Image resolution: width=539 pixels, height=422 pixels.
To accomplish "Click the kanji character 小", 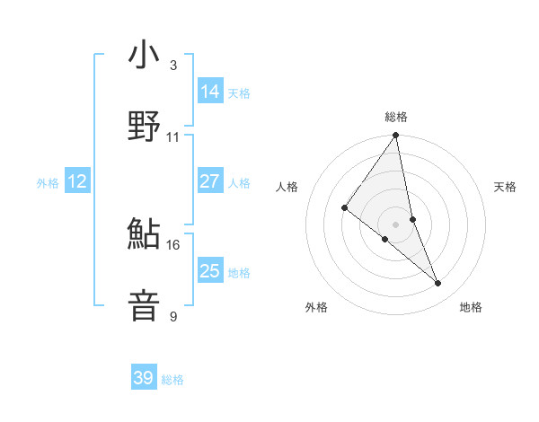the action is coord(144,56).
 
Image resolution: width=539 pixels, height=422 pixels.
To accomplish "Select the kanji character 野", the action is coord(144,127).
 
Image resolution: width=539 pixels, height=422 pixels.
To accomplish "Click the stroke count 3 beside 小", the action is coord(173,66).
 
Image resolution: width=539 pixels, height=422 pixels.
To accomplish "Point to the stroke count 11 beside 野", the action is coord(173,137).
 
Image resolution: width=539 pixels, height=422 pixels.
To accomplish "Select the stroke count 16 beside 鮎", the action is coord(173,244).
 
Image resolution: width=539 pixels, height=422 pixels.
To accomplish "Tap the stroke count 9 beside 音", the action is coord(173,316).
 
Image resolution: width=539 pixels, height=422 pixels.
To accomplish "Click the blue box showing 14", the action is coord(210,92).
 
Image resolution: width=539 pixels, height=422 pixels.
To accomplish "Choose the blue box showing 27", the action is coord(210,181).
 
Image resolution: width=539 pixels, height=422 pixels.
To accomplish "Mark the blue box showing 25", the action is coord(210,271).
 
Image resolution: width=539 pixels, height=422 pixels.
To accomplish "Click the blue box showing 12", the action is coord(77,181).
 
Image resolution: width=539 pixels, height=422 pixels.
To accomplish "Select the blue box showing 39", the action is coord(144,379).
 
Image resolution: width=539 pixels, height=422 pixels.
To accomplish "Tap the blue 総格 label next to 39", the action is coord(172,380).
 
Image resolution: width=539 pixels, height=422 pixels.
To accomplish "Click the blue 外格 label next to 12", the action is coord(48,182).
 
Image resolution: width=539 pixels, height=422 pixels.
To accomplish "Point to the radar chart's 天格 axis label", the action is coord(506,187).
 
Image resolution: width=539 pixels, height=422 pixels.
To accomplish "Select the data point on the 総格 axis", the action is coord(396,136).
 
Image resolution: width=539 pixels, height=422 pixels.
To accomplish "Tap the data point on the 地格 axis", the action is coord(438,283).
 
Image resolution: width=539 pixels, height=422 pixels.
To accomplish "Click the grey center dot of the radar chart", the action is coord(396,224).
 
